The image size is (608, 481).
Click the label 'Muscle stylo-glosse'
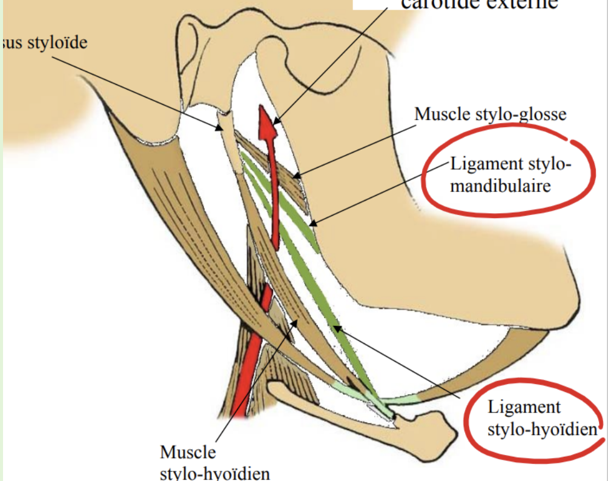[x=490, y=114]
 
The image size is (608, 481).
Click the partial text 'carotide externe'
[x=478, y=5]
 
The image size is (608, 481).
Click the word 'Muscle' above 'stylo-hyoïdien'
[x=188, y=452]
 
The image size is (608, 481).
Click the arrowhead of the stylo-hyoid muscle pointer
[x=297, y=322]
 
